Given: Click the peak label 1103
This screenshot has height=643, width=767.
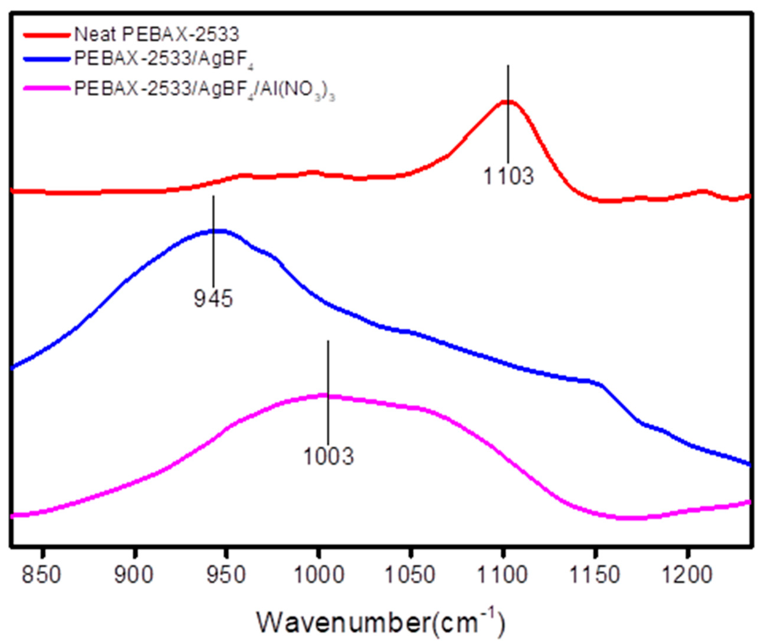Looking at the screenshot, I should [508, 176].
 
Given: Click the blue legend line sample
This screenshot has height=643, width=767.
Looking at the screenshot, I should [46, 61].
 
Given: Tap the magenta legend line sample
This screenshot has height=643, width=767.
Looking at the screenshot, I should [46, 88].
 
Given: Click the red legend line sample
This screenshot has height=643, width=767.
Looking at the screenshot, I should [46, 35].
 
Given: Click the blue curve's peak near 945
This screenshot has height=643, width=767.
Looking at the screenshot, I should [215, 231].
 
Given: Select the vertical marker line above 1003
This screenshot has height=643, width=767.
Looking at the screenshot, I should [328, 369].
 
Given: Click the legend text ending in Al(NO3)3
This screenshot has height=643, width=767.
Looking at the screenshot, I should [205, 89].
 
